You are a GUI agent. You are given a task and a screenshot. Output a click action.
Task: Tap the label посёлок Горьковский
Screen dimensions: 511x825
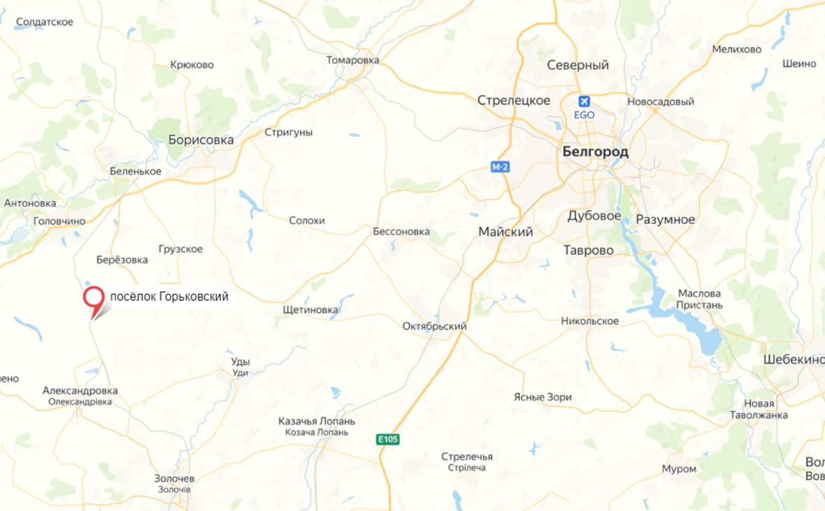coord(169,297)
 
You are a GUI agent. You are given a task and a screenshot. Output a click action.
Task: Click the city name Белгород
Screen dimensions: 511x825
coord(595,152)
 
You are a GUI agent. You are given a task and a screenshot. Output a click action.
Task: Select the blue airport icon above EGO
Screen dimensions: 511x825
coord(584,101)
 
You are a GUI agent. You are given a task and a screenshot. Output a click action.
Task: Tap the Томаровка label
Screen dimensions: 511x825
coord(352,60)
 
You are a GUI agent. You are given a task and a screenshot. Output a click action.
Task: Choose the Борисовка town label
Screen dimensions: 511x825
coord(201,139)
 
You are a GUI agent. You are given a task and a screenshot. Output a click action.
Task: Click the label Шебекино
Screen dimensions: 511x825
coord(794,359)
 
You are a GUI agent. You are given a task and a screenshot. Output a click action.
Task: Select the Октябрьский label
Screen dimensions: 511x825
coord(434,326)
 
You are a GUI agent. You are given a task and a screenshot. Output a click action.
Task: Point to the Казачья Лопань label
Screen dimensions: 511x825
coord(316,421)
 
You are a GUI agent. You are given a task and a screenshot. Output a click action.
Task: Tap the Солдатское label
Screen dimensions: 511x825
coord(44,22)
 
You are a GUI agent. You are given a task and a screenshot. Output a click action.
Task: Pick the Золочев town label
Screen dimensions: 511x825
coord(174,479)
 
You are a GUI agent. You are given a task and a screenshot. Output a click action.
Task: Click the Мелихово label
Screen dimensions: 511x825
coord(736,49)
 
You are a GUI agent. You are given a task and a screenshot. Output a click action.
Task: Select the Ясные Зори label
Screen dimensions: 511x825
coord(542,397)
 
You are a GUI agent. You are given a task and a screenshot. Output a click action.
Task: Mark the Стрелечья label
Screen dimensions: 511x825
coord(466,456)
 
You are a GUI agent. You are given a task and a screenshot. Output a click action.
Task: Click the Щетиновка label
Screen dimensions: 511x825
coord(310,309)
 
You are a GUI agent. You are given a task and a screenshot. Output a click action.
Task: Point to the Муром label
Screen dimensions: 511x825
coord(679,468)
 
